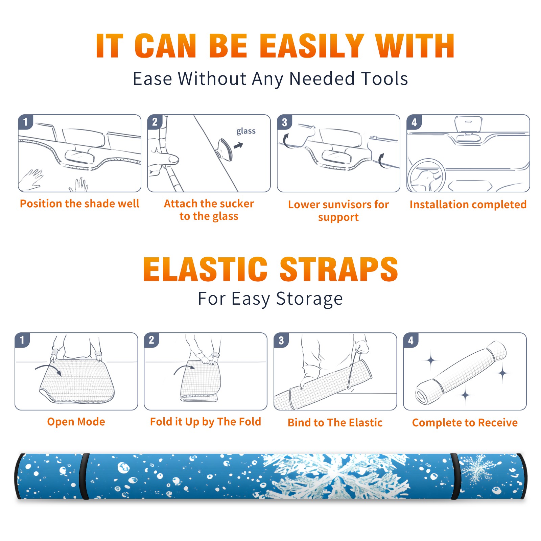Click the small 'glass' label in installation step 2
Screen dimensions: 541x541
pyautogui.click(x=246, y=131)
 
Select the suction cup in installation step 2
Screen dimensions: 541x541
pyautogui.click(x=224, y=149)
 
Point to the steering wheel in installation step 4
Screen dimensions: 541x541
pyautogui.click(x=426, y=176)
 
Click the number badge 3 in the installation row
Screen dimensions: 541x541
pyautogui.click(x=284, y=122)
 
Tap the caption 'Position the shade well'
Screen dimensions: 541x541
pyautogui.click(x=79, y=204)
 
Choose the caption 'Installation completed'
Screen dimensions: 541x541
pyautogui.click(x=468, y=204)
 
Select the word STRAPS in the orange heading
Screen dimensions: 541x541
pyautogui.click(x=339, y=269)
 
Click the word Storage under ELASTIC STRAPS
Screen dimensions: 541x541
pyautogui.click(x=309, y=299)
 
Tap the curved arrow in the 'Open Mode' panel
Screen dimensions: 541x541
pyautogui.click(x=48, y=370)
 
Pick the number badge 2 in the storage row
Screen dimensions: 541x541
pyautogui.click(x=151, y=340)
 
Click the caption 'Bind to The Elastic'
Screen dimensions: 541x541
pyautogui.click(x=335, y=422)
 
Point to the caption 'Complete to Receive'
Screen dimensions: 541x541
pyautogui.click(x=465, y=422)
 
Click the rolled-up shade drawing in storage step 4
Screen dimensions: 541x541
pyautogui.click(x=461, y=372)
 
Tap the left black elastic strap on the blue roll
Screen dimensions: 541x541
pyautogui.click(x=84, y=476)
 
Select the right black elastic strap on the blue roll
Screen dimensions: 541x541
pyautogui.click(x=455, y=476)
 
